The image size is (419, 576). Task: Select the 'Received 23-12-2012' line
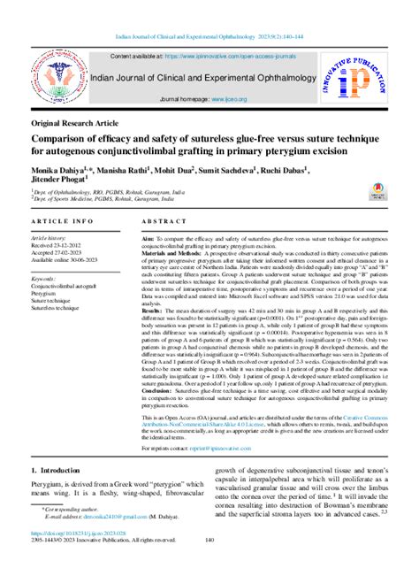tap(64, 245)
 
